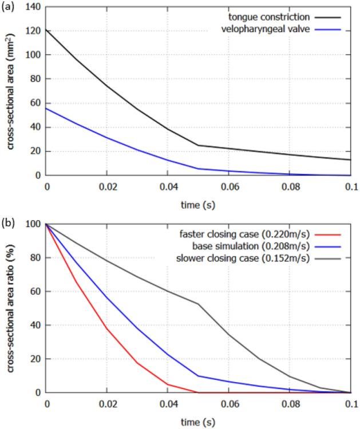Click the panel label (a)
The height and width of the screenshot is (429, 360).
[x=9, y=7]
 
